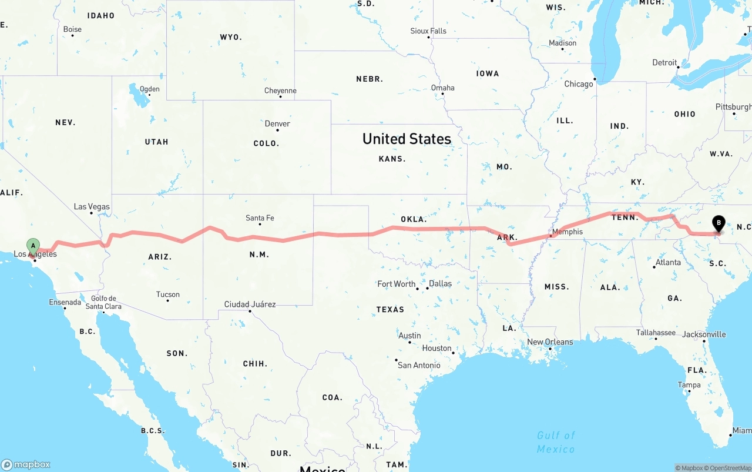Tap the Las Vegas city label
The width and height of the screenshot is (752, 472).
[x=92, y=207]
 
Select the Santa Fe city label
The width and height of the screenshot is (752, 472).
[x=260, y=218]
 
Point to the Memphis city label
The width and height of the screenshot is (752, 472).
[x=568, y=232]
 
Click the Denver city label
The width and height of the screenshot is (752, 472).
[x=277, y=123]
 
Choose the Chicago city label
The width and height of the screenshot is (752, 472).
[x=579, y=84]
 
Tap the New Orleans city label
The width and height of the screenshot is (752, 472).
[x=550, y=342]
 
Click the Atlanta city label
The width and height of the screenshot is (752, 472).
[x=669, y=262]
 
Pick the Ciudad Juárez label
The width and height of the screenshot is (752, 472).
[x=250, y=304]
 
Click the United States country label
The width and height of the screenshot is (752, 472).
[x=407, y=139]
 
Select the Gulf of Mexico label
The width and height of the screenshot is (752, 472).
[x=556, y=441]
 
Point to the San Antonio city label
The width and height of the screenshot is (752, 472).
[x=419, y=365]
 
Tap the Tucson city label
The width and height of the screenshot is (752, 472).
[x=168, y=294]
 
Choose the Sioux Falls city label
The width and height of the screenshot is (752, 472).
[x=428, y=31]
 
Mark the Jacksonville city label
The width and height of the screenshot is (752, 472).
[x=704, y=334]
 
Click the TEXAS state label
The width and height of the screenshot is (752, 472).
[x=390, y=309]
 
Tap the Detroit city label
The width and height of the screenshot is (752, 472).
[x=664, y=63]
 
